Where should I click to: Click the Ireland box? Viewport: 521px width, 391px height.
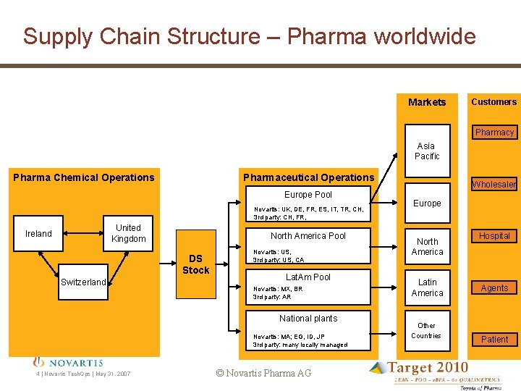38,234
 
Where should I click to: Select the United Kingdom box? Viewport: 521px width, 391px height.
128,234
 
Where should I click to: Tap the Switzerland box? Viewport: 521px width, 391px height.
83,282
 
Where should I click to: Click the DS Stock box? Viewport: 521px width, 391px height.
195,264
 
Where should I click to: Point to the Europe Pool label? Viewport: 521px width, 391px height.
308,195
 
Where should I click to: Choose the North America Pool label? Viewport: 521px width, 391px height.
308,236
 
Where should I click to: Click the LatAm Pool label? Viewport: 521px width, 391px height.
308,277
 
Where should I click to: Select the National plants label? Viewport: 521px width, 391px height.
308,319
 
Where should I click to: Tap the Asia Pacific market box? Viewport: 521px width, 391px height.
427,151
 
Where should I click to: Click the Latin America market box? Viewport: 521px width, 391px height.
427,287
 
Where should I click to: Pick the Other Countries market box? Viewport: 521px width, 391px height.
426,330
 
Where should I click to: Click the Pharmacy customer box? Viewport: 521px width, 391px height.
494,133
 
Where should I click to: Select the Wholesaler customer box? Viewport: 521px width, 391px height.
494,185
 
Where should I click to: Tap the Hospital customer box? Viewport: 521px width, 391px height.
494,236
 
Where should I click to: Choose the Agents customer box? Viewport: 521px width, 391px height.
494,288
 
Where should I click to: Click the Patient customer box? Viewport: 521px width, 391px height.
494,340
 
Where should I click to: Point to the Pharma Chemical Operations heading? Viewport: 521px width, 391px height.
84,177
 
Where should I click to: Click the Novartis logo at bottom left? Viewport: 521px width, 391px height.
69,362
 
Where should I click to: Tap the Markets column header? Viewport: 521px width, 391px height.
427,102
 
